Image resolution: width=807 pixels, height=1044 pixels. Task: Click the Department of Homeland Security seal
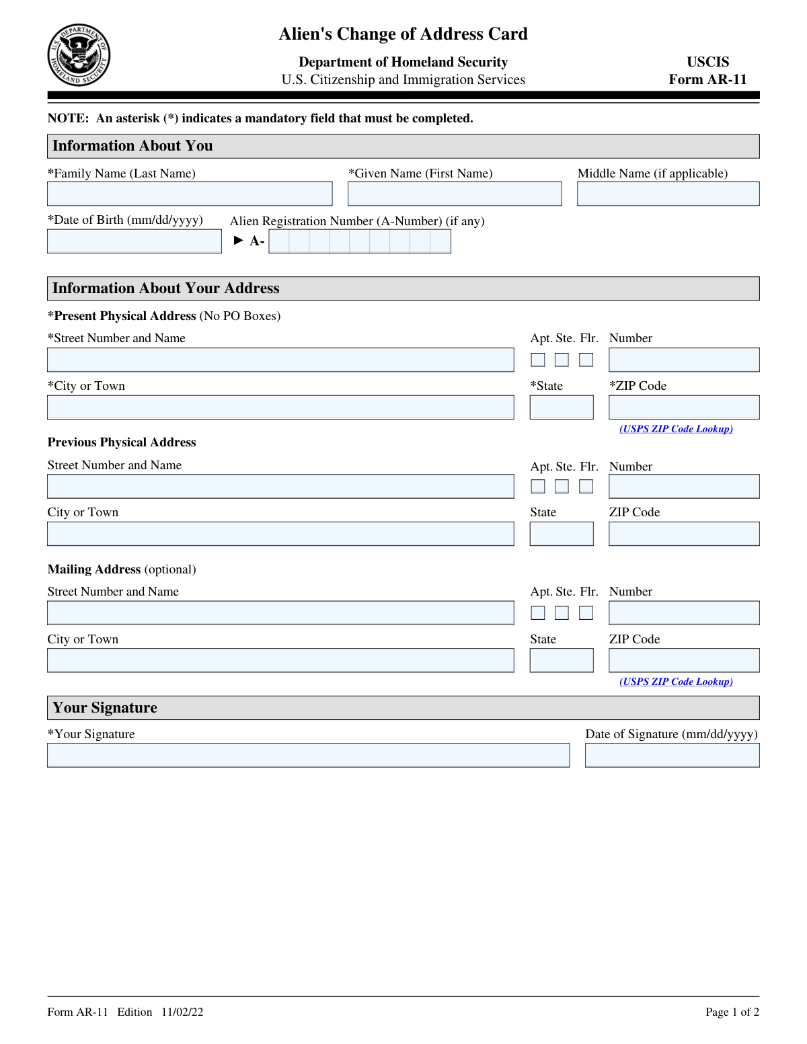[79, 55]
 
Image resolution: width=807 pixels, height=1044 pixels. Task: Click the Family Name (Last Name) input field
[190, 194]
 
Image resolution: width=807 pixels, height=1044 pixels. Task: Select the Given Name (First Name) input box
[455, 194]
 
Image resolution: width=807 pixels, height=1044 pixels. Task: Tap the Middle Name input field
[668, 194]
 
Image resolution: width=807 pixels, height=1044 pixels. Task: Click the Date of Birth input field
[134, 241]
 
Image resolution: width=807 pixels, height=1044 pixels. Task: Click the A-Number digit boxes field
[360, 241]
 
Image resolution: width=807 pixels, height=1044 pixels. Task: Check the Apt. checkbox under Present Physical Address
[538, 360]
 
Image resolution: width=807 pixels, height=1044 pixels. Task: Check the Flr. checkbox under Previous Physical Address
[586, 486]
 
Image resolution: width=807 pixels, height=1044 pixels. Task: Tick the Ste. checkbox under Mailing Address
[562, 613]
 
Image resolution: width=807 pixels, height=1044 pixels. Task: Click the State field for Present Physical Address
[562, 407]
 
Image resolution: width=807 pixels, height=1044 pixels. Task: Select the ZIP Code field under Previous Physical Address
[684, 534]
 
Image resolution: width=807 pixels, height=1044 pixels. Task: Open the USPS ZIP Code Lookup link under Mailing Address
[676, 682]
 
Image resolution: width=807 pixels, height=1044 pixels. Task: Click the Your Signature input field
[308, 756]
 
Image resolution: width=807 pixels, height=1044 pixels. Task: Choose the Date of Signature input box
[672, 756]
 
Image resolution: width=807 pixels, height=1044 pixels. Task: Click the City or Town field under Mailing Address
[280, 660]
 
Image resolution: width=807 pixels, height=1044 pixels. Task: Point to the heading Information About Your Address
[166, 288]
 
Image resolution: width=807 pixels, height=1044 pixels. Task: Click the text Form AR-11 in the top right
[707, 79]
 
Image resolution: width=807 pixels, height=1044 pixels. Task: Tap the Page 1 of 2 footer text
[732, 1012]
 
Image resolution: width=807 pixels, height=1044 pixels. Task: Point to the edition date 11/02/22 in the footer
[182, 1012]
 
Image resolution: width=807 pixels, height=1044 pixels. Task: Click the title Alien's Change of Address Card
[403, 34]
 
